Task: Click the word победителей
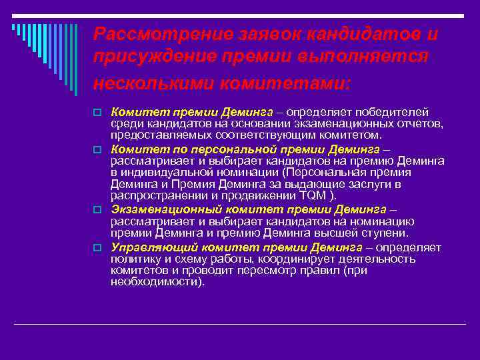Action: point(394,111)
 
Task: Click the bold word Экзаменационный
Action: point(163,209)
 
